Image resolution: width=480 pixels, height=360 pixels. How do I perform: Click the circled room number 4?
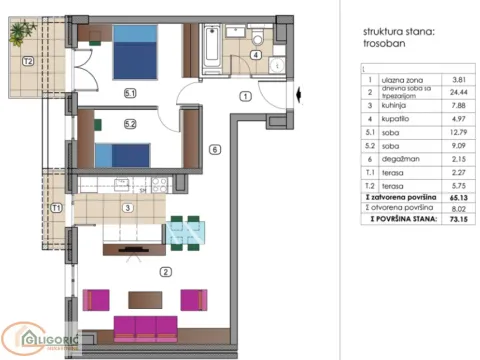[255, 55]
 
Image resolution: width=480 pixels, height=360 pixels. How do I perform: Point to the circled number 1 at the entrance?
[244, 96]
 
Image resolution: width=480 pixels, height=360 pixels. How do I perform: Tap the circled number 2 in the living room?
[166, 269]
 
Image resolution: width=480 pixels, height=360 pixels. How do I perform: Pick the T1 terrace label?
[57, 208]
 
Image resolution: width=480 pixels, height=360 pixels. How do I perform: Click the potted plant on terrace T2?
[20, 32]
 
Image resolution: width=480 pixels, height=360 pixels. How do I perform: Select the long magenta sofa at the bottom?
[145, 327]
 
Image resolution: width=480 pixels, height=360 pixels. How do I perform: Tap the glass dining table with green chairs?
[184, 232]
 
